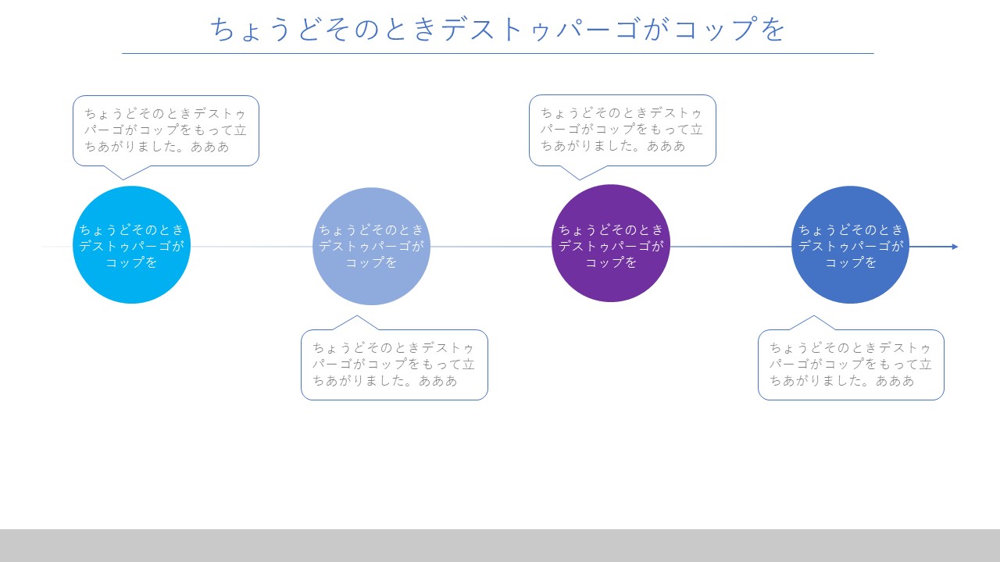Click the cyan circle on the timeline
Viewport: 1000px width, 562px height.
click(x=132, y=245)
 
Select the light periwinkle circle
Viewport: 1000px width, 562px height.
click(x=371, y=246)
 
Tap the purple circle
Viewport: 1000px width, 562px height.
click(x=611, y=243)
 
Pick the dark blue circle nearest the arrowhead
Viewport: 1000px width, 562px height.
click(x=851, y=245)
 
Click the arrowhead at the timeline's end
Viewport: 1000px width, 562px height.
click(x=955, y=247)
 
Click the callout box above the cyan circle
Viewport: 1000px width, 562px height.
click(x=166, y=130)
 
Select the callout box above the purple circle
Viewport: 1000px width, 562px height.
click(x=623, y=130)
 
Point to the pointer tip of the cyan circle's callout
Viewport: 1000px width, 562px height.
click(x=123, y=180)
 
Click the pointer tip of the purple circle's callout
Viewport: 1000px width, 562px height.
click(x=580, y=180)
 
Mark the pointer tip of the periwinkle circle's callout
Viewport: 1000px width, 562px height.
click(x=357, y=316)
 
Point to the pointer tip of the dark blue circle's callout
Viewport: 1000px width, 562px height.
click(x=813, y=316)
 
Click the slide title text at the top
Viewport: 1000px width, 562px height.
click(x=498, y=29)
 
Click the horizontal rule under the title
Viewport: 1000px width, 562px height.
click(x=498, y=54)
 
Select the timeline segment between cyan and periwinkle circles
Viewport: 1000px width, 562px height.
click(x=252, y=247)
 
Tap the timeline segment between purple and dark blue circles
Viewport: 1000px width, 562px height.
click(x=730, y=247)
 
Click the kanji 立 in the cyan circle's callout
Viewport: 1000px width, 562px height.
click(x=241, y=130)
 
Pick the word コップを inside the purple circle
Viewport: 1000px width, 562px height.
click(x=611, y=262)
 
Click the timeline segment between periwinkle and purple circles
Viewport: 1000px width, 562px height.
click(x=491, y=247)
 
